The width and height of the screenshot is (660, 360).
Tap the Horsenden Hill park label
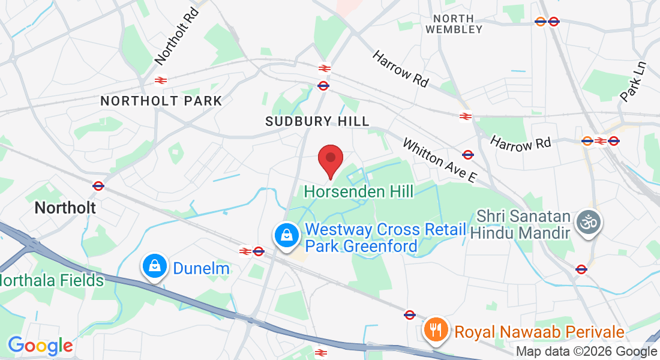click(x=359, y=192)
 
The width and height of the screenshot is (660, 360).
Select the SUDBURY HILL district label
click(x=317, y=121)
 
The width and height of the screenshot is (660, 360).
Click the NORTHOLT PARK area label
click(x=161, y=101)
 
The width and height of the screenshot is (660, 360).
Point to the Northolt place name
click(x=65, y=208)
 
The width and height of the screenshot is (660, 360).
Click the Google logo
click(x=40, y=346)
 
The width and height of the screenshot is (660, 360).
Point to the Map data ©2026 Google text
click(x=587, y=352)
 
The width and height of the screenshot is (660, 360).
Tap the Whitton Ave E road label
click(x=439, y=161)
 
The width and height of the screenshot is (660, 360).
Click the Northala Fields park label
click(x=52, y=280)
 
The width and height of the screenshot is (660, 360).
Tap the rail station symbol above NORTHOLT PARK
click(x=160, y=80)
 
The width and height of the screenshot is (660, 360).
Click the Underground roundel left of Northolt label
click(x=98, y=186)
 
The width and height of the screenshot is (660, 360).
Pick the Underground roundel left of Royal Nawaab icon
click(x=410, y=314)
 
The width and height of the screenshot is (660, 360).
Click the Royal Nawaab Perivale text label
click(x=539, y=332)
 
